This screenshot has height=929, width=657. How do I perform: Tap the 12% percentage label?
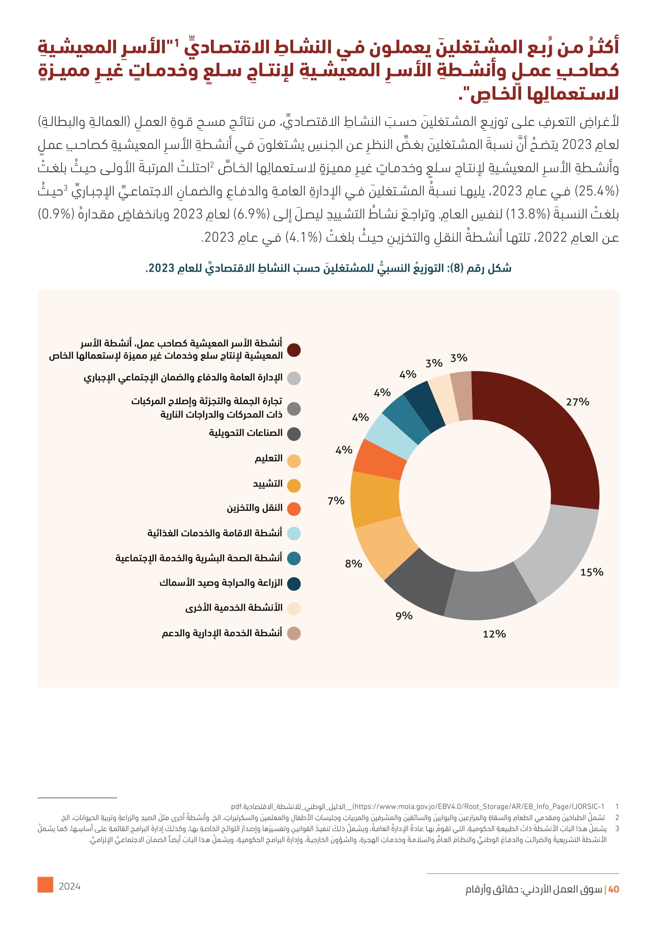(494, 634)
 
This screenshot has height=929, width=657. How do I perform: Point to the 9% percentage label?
(404, 616)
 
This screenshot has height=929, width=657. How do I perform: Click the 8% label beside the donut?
(353, 564)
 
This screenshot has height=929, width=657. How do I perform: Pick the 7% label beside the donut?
(336, 501)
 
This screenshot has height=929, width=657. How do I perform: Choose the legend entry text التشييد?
(267, 484)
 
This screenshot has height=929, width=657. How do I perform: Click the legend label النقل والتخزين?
(255, 508)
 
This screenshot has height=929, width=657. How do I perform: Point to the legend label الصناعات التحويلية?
(245, 433)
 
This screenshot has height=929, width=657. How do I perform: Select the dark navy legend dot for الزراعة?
(294, 584)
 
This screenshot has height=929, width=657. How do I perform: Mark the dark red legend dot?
(294, 350)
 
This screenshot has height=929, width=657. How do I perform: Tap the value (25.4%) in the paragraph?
(594, 191)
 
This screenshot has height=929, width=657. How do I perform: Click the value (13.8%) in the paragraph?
(528, 214)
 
